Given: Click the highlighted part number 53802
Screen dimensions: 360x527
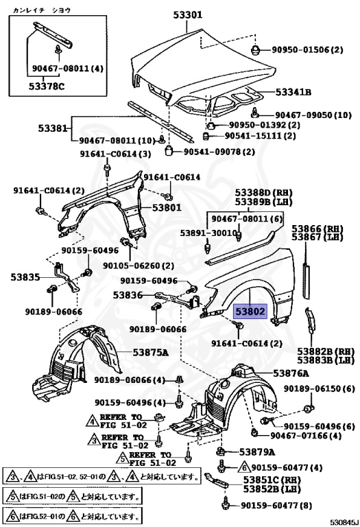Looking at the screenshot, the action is tap(250, 312).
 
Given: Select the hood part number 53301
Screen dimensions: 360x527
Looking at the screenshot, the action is tap(188, 15).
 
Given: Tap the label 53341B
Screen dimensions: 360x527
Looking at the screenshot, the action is tap(293, 92).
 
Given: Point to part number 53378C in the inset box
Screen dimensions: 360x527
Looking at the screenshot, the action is tap(47, 86).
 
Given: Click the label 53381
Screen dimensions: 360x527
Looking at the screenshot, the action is tap(52, 128).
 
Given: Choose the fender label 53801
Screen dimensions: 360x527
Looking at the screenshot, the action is tap(167, 207).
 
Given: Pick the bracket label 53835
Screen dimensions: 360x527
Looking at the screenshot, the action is tap(25, 277).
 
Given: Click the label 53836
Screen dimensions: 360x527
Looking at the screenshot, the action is tap(128, 295).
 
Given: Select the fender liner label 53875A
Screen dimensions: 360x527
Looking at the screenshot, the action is tap(150, 352).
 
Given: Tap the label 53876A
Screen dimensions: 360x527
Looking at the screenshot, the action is tap(291, 373).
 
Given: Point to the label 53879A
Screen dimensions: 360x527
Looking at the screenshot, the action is tap(257, 452).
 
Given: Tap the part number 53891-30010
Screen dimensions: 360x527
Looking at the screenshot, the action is tap(208, 233).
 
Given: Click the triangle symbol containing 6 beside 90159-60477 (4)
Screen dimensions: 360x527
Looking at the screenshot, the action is tap(244, 467).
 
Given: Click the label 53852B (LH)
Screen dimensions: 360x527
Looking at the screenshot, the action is tap(272, 489).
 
